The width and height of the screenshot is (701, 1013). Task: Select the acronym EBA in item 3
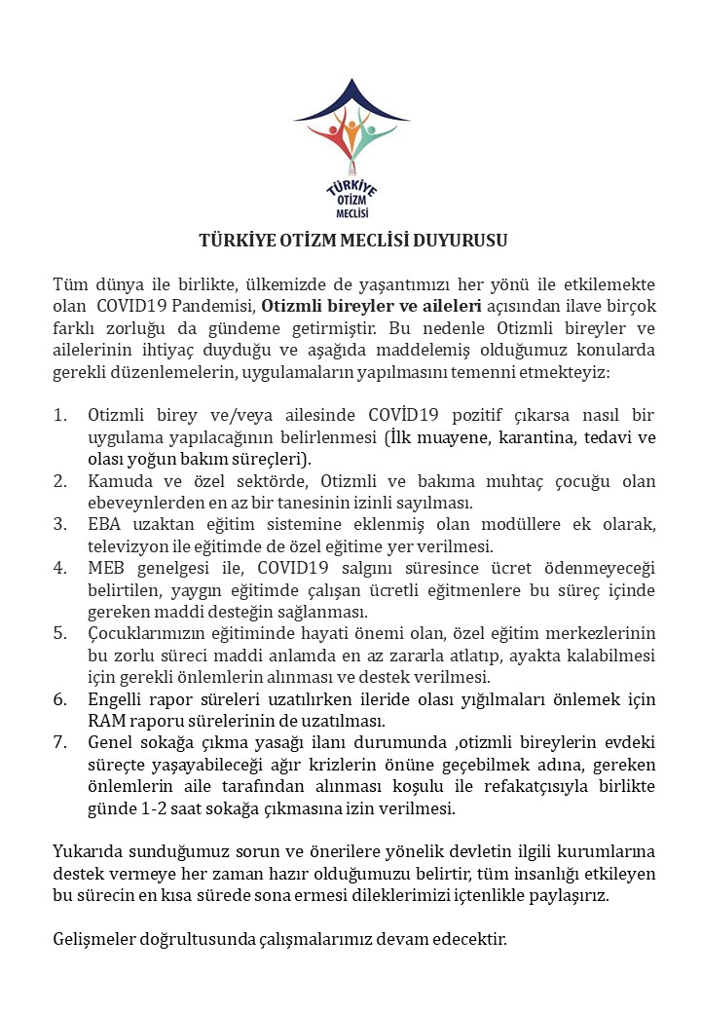coord(104,525)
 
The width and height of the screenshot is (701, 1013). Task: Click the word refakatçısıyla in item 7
coord(521,785)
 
